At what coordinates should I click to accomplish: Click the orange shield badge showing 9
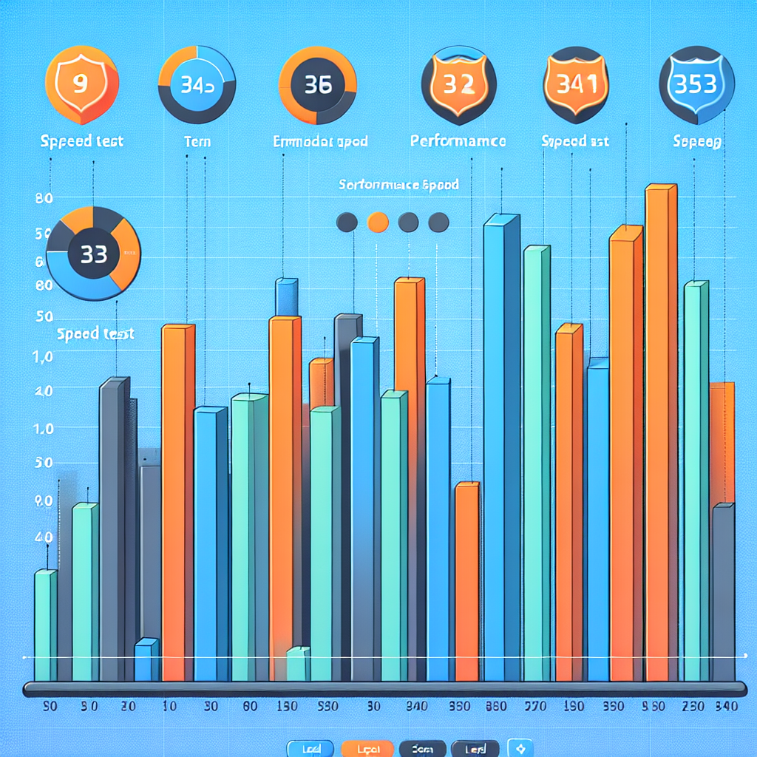(x=81, y=82)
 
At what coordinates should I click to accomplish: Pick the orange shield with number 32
(x=458, y=84)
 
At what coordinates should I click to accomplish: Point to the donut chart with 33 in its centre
(x=93, y=254)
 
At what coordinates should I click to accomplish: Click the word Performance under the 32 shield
(x=458, y=140)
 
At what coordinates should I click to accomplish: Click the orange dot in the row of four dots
(x=378, y=221)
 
